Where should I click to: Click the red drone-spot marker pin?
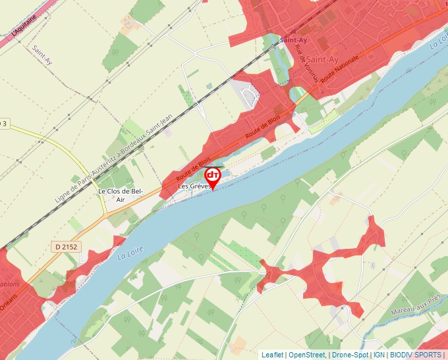coord(213,177)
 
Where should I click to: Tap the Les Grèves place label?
coord(195,187)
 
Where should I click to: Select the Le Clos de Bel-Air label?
coord(120,195)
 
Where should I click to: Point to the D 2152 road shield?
coord(67,246)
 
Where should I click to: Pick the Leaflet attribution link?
coord(271,355)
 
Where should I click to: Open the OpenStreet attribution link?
coord(307,355)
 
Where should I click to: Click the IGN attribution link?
coord(379,355)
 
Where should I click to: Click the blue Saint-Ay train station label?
coord(294,39)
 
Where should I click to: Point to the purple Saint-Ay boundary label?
coord(42,57)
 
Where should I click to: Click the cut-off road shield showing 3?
coord(4,123)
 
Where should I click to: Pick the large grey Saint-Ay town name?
coord(322,60)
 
